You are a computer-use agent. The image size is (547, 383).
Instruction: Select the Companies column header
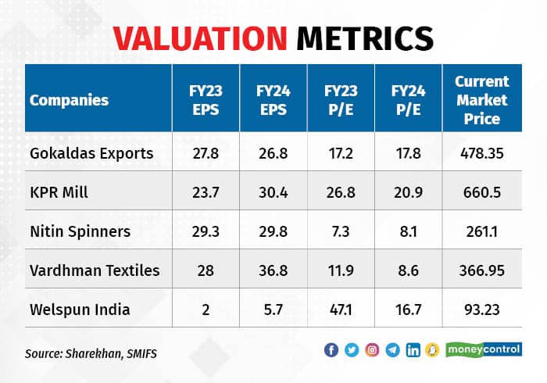(x=69, y=100)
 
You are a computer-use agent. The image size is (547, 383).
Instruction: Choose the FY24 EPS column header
(x=274, y=100)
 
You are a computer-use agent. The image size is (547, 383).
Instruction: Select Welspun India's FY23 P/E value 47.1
(x=341, y=310)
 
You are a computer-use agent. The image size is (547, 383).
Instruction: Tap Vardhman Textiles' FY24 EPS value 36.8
(x=274, y=270)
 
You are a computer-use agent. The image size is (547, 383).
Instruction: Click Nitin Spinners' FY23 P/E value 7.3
(x=341, y=231)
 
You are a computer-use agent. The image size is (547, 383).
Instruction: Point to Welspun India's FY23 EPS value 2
(x=206, y=310)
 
